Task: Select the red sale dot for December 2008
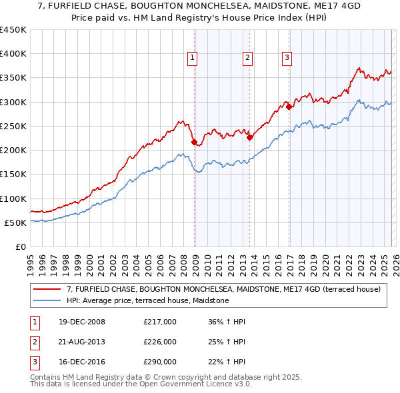click(194, 142)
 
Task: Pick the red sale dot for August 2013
click(249, 138)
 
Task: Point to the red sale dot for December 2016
click(289, 107)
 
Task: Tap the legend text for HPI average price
click(147, 301)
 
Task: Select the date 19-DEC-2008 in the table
click(81, 322)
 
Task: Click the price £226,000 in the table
click(159, 342)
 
